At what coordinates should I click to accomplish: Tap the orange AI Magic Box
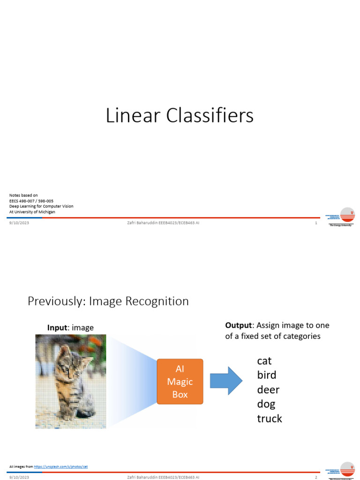pos(180,382)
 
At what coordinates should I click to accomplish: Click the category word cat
pos(264,361)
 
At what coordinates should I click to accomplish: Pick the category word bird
pos(267,375)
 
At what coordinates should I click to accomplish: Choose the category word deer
pos(268,390)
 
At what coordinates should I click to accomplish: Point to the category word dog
pos(266,404)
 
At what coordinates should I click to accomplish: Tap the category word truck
pos(270,419)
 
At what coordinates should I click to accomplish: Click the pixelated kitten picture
pos(71,381)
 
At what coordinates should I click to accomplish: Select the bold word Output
pos(239,325)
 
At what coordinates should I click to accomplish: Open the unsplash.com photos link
pos(61,467)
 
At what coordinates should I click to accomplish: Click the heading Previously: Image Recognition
pos(108,301)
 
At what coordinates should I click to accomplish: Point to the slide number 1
pos(316,223)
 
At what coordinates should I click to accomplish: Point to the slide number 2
pos(316,477)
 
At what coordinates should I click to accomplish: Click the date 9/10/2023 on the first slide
pos(19,223)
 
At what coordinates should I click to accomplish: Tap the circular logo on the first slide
pos(347,215)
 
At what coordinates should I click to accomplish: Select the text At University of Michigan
pos(32,212)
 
